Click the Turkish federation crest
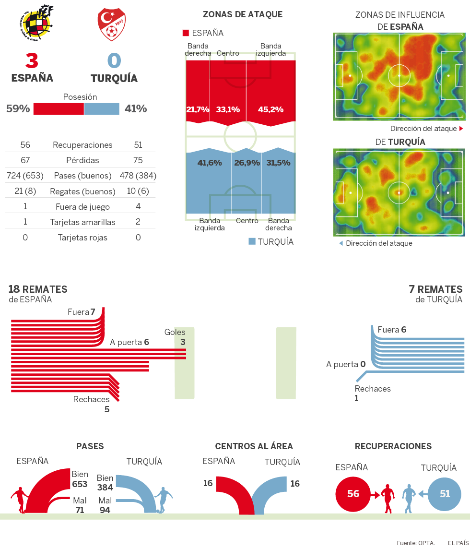tap(111, 24)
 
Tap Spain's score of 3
tap(32, 60)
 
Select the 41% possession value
tap(136, 109)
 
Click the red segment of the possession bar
tap(59, 109)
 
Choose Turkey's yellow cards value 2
tap(138, 222)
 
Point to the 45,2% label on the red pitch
tap(270, 109)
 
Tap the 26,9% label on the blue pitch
tap(247, 163)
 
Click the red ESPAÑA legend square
tap(186, 33)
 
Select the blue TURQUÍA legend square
tap(252, 241)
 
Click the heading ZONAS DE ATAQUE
tap(243, 14)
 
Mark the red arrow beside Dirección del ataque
tap(461, 129)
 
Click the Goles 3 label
tap(176, 337)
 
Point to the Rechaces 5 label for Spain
tap(92, 404)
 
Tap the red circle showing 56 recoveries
tap(352, 493)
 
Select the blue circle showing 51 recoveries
tap(445, 493)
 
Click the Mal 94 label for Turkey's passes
tap(105, 505)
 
